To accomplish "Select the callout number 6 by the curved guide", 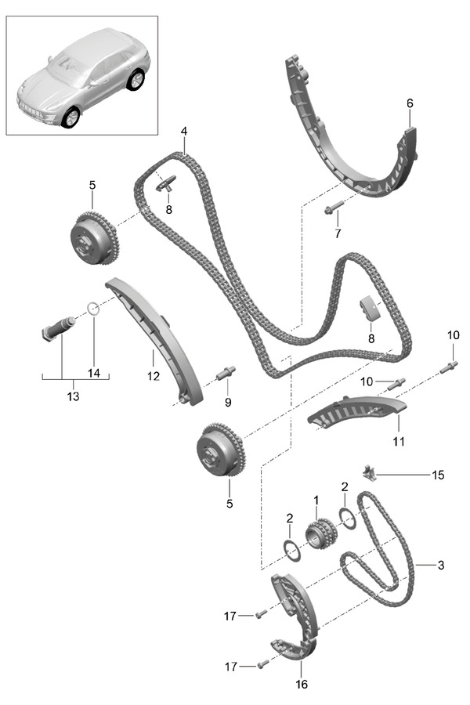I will (x=410, y=103).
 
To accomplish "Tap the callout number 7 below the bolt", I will (x=338, y=233).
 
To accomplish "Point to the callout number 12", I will (x=153, y=376).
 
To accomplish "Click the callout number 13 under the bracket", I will (x=73, y=397).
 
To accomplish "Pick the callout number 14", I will (x=94, y=373).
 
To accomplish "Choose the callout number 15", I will (x=438, y=475).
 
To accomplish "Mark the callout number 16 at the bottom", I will (x=302, y=684).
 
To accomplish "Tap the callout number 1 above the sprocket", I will (x=316, y=499).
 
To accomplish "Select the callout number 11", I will (x=399, y=441).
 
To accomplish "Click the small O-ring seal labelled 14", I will (x=92, y=308).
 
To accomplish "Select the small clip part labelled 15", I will (x=371, y=472).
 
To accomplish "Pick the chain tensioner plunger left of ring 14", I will (x=56, y=327).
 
